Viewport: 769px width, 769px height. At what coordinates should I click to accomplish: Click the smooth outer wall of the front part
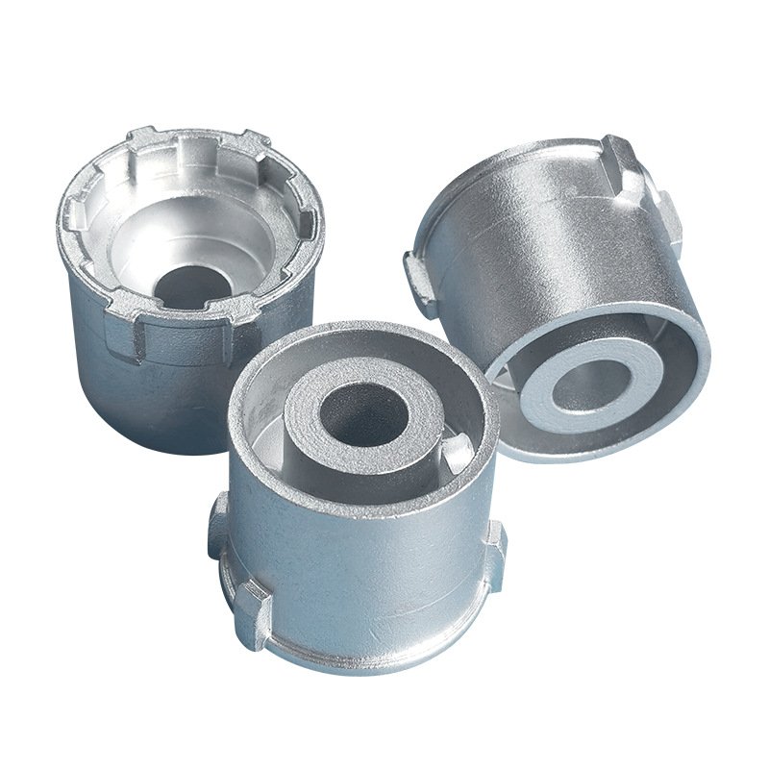365,558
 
